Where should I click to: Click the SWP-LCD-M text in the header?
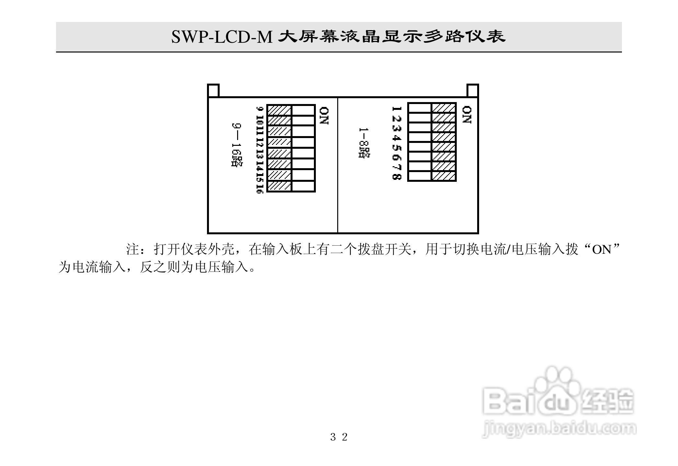point(222,37)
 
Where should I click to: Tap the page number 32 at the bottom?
point(339,437)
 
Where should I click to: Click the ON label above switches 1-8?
point(466,115)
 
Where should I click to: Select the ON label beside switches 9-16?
point(324,116)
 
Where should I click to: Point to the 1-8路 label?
point(364,143)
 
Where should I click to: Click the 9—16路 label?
point(237,145)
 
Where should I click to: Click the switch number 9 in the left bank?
point(259,109)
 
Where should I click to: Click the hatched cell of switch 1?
point(443,108)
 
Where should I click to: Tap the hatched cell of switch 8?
point(443,176)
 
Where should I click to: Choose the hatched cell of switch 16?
point(279,186)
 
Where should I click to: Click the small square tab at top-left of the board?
point(213,90)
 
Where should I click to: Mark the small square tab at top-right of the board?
point(473,90)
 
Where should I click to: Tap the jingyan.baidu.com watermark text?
point(559,429)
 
